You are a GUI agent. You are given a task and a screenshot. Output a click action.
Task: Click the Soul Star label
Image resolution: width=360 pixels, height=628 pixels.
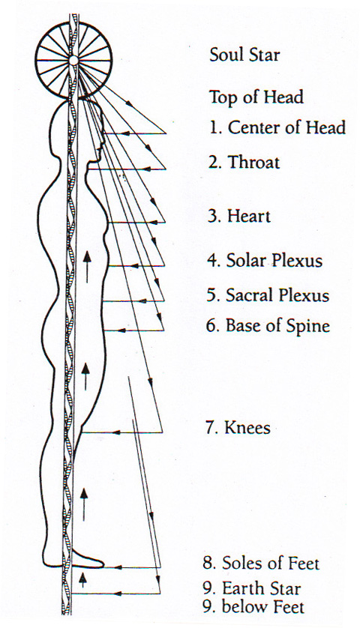(x=244, y=55)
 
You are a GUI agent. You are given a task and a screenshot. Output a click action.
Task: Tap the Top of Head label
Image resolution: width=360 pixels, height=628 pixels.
(x=256, y=97)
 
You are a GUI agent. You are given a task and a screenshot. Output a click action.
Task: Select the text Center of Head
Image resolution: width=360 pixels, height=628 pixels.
(x=286, y=127)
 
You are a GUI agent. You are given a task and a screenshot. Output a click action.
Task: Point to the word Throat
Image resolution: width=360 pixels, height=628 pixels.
(x=253, y=162)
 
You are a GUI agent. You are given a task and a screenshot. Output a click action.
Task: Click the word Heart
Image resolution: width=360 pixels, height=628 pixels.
(x=248, y=217)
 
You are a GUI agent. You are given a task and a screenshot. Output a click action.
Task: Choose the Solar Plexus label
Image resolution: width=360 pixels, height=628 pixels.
(x=274, y=260)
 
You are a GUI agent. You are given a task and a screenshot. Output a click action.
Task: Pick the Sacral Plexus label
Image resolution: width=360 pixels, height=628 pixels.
(x=277, y=295)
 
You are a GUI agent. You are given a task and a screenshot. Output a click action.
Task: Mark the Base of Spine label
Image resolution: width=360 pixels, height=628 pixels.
(x=277, y=325)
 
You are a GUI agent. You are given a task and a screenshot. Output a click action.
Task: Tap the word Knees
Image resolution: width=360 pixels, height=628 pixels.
(x=247, y=427)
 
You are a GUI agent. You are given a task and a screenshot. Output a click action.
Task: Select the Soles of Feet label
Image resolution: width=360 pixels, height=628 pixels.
(x=271, y=563)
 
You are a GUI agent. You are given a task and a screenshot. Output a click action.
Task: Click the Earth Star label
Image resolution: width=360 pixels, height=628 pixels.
(x=262, y=588)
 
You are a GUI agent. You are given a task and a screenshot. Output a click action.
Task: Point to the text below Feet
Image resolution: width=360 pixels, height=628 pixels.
(x=263, y=607)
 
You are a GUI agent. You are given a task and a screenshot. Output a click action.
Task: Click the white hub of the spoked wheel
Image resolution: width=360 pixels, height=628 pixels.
(x=73, y=61)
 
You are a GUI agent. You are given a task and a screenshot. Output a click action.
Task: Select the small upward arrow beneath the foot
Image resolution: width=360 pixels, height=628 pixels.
(x=82, y=579)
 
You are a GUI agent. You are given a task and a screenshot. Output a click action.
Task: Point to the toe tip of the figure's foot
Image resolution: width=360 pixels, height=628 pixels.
(x=103, y=564)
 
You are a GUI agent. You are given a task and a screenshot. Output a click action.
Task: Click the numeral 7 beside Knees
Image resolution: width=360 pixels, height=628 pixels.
(x=210, y=427)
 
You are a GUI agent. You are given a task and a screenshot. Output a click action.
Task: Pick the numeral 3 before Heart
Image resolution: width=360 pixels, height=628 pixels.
(x=212, y=217)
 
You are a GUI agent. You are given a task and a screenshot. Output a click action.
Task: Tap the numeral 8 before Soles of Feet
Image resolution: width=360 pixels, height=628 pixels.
(x=208, y=563)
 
